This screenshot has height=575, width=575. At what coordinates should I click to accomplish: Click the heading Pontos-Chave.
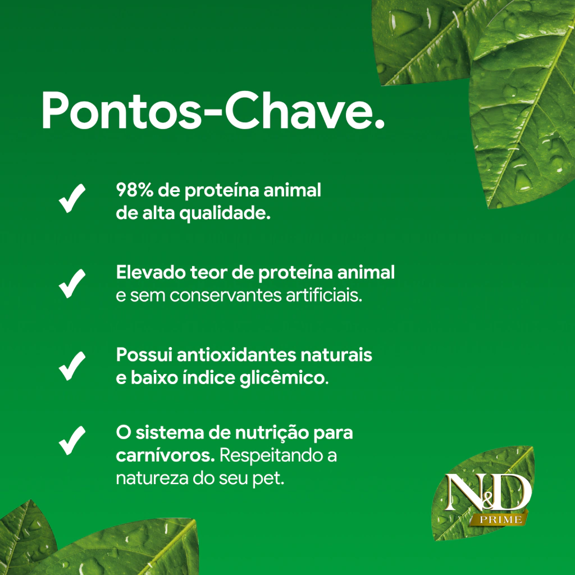[213, 111]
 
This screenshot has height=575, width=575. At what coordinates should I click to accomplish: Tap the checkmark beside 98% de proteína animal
[72, 199]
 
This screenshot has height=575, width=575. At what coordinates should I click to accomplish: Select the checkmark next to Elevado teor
[72, 284]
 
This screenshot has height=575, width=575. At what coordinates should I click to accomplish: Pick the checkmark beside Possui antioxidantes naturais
[72, 366]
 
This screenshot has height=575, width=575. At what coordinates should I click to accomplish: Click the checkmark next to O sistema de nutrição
[72, 440]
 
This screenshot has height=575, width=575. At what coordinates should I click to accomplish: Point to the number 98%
[135, 190]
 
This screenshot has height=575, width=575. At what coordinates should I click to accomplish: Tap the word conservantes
[226, 295]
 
